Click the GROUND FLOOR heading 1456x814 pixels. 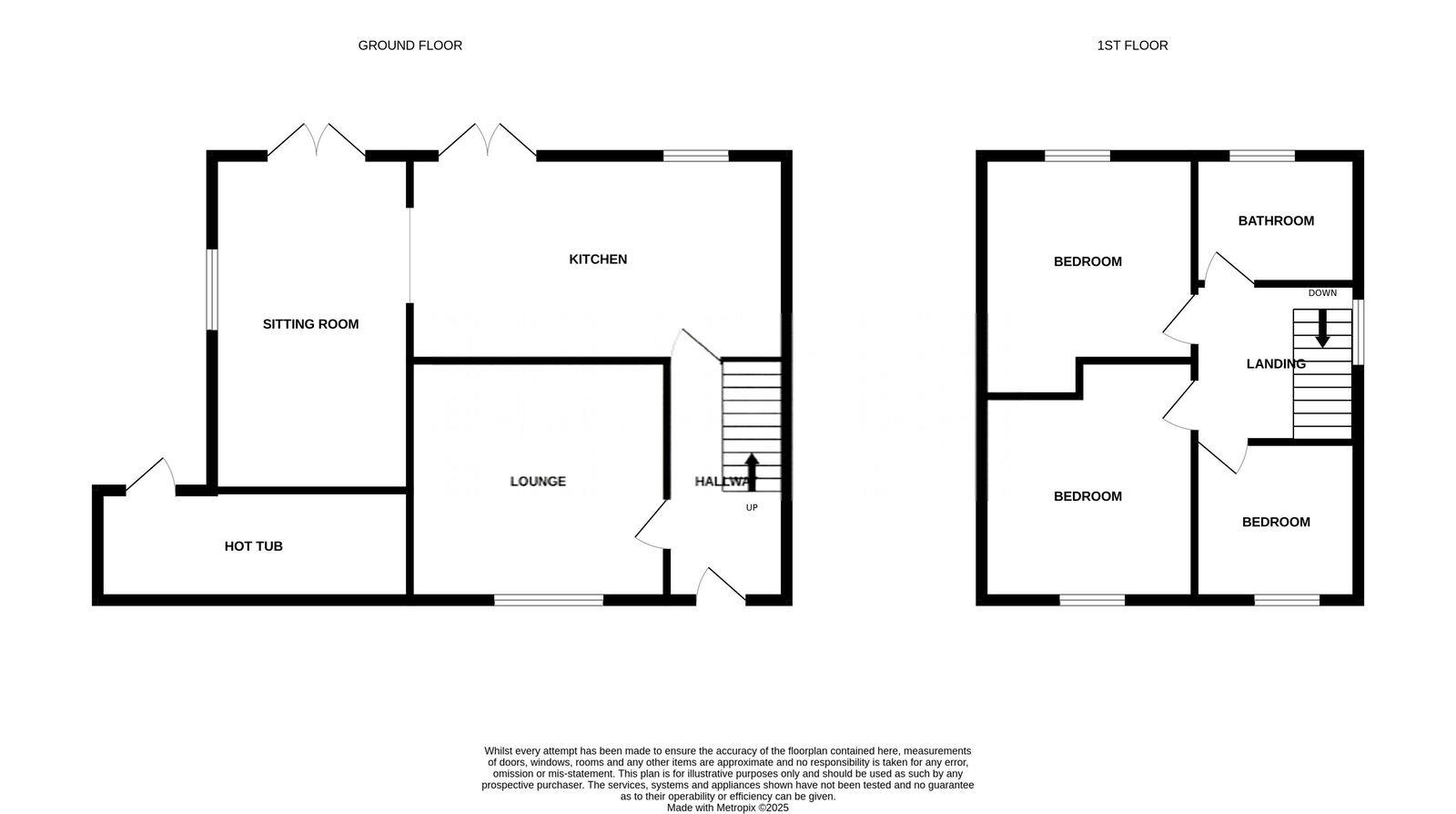point(409,46)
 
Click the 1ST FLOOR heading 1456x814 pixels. point(1132,46)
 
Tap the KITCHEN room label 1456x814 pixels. point(598,259)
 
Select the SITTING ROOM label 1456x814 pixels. point(310,324)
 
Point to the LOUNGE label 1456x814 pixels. point(538,482)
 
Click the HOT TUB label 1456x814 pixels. point(253,546)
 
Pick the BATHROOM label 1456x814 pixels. point(1276,221)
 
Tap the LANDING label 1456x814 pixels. point(1275,364)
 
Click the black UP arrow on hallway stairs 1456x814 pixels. point(752,471)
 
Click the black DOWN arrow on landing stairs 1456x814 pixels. point(1322,329)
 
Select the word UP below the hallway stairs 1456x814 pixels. point(752,508)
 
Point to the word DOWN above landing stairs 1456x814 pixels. point(1322,293)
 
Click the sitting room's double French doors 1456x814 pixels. point(316,142)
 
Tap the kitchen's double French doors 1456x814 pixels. point(488,142)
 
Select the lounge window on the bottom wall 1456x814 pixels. point(549,600)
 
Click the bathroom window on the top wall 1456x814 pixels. point(1262,156)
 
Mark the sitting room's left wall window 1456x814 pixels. point(211,290)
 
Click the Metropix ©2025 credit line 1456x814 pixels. point(727,808)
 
